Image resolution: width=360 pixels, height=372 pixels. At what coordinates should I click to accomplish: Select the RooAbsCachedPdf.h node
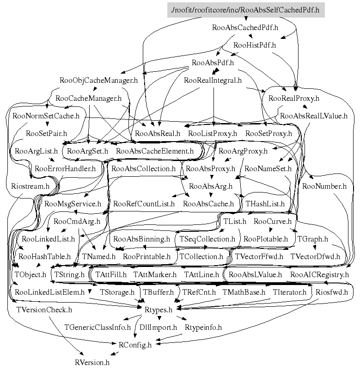pyautogui.click(x=245, y=27)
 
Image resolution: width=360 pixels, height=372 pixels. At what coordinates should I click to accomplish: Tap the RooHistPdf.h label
pyautogui.click(x=255, y=45)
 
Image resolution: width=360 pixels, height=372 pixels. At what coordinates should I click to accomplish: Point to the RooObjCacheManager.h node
pyautogui.click(x=99, y=80)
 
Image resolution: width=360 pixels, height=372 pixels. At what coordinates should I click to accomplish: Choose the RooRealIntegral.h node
pyautogui.click(x=213, y=80)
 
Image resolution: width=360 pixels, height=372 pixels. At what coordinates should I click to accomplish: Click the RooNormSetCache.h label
pyautogui.click(x=46, y=116)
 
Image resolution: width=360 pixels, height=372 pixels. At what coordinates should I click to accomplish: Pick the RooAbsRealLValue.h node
pyautogui.click(x=314, y=116)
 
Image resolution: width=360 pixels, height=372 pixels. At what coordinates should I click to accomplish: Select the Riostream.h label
pyautogui.click(x=30, y=186)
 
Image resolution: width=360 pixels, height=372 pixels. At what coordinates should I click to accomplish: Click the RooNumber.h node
pyautogui.click(x=324, y=186)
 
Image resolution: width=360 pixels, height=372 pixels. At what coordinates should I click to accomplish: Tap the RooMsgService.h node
pyautogui.click(x=73, y=204)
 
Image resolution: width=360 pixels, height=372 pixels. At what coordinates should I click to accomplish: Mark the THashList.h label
pyautogui.click(x=265, y=204)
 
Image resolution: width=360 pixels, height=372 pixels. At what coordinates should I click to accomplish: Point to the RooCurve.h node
pyautogui.click(x=273, y=221)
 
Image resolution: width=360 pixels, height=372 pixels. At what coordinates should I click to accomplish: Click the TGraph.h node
pyautogui.click(x=313, y=239)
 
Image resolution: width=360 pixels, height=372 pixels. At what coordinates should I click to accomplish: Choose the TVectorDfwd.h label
pyautogui.click(x=315, y=256)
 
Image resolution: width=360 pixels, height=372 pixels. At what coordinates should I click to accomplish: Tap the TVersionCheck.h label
pyautogui.click(x=44, y=310)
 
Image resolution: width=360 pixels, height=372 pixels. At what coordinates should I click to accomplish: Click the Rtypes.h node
pyautogui.click(x=159, y=310)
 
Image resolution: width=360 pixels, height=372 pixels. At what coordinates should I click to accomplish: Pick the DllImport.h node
pyautogui.click(x=159, y=327)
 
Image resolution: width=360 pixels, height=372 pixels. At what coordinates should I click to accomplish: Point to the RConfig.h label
pyautogui.click(x=135, y=345)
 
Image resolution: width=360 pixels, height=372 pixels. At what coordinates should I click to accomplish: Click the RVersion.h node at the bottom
pyautogui.click(x=92, y=362)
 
